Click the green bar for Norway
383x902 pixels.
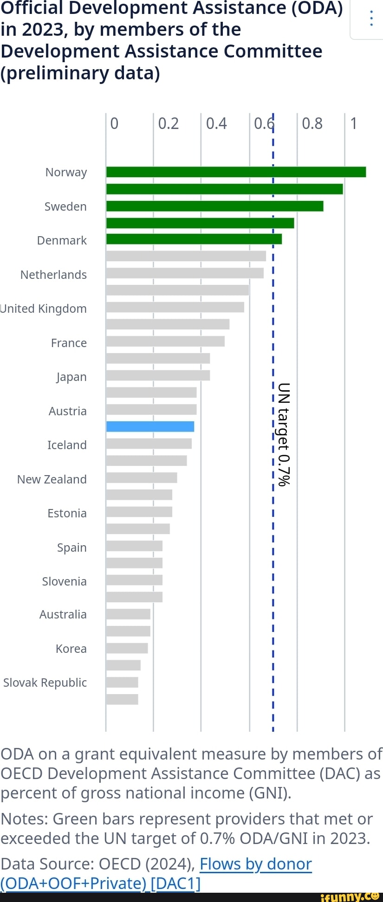pos(236,172)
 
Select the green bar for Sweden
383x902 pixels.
pos(214,206)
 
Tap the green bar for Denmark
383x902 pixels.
pos(194,239)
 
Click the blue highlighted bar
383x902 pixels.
pos(150,426)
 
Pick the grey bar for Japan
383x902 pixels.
pos(158,375)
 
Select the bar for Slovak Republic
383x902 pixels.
pos(122,682)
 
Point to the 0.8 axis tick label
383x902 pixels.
pos(312,123)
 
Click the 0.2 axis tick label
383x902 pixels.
pos(168,123)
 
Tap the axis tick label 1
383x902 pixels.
pos(354,123)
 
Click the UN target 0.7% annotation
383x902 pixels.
pos(284,434)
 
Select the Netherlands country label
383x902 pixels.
pos(53,275)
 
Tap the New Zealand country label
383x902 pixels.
pos(52,479)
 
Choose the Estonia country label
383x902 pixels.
pos(67,513)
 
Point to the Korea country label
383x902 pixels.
pos(71,649)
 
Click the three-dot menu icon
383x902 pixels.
pos(371,19)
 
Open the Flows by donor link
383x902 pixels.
pos(255,864)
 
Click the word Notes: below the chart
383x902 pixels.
pos(24,819)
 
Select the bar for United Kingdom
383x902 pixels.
pos(175,307)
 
